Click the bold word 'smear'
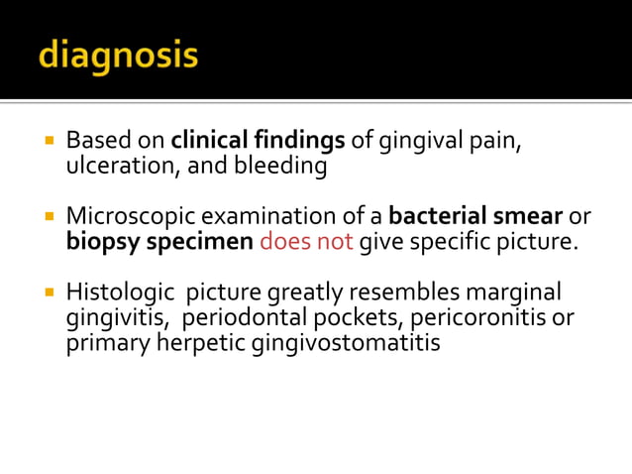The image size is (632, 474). pyautogui.click(x=529, y=215)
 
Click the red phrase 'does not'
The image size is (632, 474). pyautogui.click(x=306, y=241)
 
